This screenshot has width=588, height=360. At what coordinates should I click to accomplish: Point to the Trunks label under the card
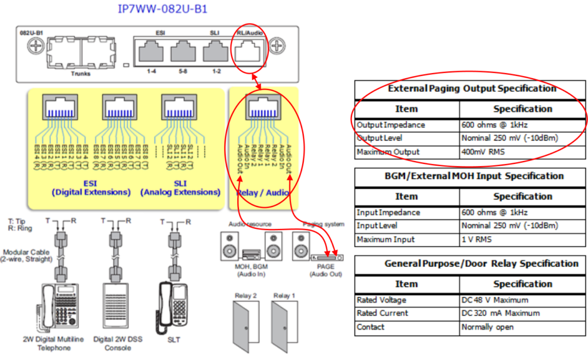coord(80,74)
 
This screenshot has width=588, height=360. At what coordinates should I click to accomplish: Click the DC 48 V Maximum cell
coord(494,300)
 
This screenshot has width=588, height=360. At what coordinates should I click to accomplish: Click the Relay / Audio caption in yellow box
coord(263,193)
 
